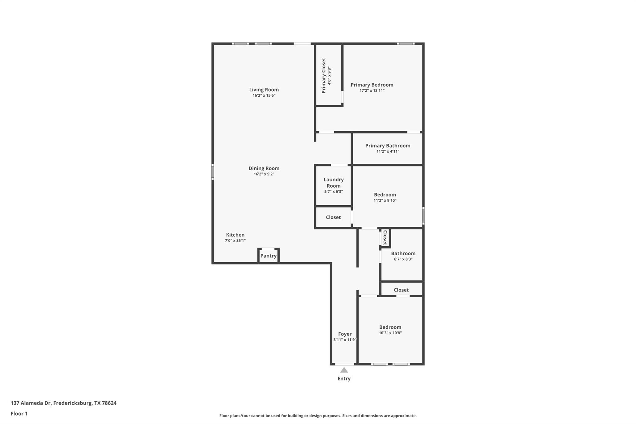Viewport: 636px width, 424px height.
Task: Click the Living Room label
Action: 264,90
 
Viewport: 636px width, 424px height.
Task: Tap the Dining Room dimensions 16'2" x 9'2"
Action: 264,174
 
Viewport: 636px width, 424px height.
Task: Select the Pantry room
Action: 268,256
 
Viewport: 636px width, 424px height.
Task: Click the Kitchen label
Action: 235,235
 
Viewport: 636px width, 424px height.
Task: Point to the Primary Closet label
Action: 324,75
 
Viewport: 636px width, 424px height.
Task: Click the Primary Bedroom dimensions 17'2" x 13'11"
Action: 372,91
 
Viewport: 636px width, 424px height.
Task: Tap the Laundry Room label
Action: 334,183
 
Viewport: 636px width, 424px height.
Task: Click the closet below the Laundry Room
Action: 333,217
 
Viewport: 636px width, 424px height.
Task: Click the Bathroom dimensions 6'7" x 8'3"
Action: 403,259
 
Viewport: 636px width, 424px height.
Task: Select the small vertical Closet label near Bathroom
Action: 385,238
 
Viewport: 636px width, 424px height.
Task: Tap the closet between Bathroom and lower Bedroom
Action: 401,290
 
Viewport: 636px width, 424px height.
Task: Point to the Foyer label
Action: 345,334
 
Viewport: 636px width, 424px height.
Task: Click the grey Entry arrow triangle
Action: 344,370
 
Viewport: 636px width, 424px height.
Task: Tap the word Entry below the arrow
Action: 344,379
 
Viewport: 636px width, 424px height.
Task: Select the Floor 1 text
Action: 19,414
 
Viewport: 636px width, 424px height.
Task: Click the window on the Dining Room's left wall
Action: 213,172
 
